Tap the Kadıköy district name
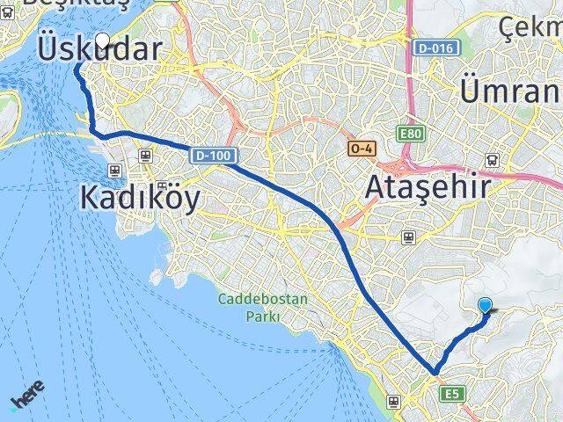pyautogui.click(x=140, y=197)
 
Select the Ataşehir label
pyautogui.click(x=424, y=187)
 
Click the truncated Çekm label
pyautogui.click(x=530, y=28)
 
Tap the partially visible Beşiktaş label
pyautogui.click(x=62, y=4)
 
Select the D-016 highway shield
pyautogui.click(x=437, y=47)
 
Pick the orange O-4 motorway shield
pyautogui.click(x=361, y=149)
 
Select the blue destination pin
pyautogui.click(x=486, y=305)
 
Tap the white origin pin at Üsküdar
pyautogui.click(x=105, y=40)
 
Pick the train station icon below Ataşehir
pyautogui.click(x=408, y=237)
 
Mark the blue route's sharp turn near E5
pyautogui.click(x=433, y=373)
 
